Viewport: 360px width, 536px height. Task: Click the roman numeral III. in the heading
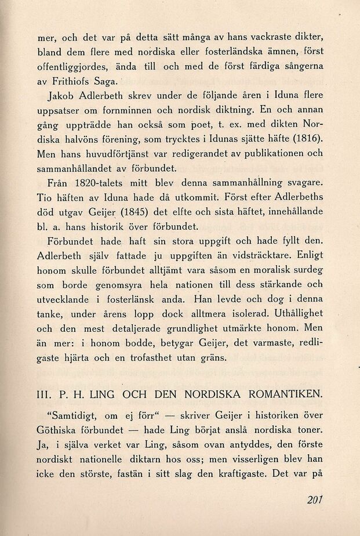click(x=45, y=395)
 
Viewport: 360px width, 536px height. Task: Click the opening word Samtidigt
click(x=75, y=415)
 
